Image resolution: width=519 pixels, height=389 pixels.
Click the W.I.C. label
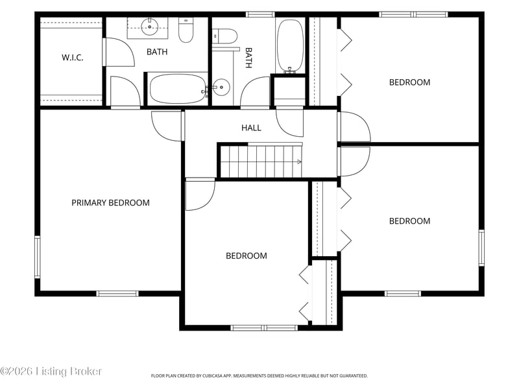(72, 58)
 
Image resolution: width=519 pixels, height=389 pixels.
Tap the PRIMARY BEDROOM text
(110, 202)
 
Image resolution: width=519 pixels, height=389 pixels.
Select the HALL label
(251, 128)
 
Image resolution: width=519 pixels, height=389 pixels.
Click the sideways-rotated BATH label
(248, 58)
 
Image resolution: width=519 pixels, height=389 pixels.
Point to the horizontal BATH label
(157, 52)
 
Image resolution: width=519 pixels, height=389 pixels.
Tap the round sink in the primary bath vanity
(150, 27)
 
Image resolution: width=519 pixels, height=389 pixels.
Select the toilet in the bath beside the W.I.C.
(186, 30)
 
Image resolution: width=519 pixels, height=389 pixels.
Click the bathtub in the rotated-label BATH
(290, 45)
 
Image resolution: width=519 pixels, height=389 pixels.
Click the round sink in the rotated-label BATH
(221, 88)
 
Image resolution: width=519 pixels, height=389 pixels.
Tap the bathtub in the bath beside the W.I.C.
(177, 89)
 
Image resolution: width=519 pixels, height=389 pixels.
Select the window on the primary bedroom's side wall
(38, 257)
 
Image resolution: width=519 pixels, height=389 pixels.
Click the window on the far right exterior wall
(481, 248)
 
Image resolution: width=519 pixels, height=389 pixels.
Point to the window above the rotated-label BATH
(260, 14)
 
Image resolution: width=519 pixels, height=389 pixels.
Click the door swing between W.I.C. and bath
(119, 53)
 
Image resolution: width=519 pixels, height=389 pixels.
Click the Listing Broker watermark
(51, 371)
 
